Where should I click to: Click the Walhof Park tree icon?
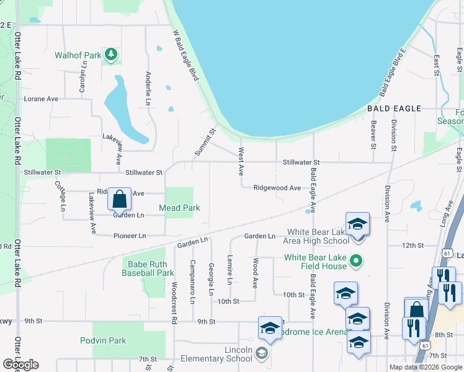[111, 55]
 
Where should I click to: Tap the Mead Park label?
[179, 208]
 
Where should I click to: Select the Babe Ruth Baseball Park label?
[148, 268]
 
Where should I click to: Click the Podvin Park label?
[103, 340]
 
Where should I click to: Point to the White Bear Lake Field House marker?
[356, 261]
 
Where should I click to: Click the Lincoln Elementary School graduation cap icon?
[261, 353]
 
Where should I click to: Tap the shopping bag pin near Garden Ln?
[120, 200]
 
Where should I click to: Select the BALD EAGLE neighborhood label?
[394, 108]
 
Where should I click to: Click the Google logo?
[20, 365]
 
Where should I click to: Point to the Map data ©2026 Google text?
[426, 367]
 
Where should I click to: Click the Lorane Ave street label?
[40, 99]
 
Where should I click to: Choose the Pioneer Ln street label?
[130, 236]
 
